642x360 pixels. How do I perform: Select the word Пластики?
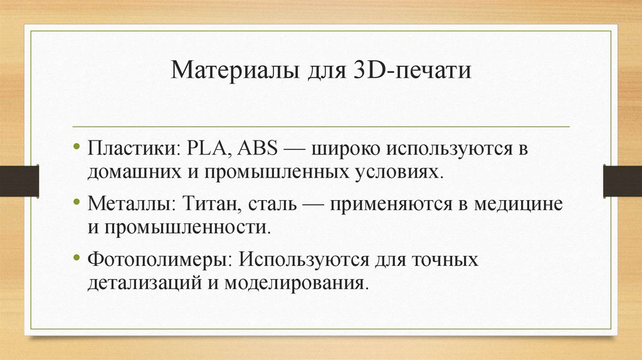pos(130,151)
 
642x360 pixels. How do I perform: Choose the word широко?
pos(342,151)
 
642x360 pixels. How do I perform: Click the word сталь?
pos(270,204)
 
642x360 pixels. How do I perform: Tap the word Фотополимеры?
pos(158,258)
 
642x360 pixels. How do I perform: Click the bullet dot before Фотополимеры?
pos(77,258)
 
